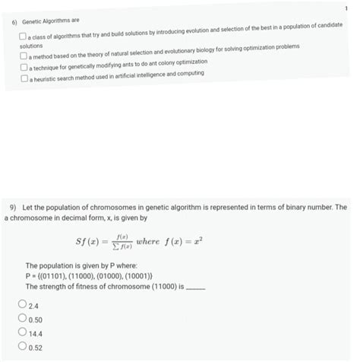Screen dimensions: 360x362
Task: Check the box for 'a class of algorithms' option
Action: [24, 37]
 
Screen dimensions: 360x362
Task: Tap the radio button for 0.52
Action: [22, 348]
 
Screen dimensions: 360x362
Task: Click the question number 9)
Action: [13, 207]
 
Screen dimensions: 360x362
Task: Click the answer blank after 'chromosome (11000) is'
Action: [196, 287]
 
